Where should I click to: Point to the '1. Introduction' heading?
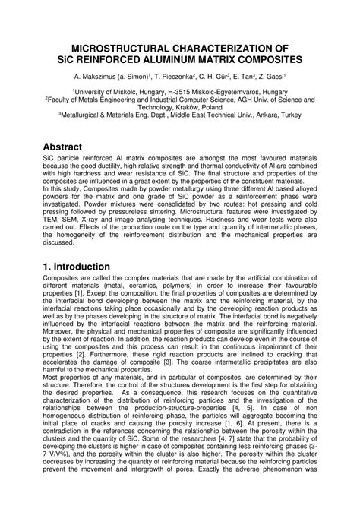point(67,266)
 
